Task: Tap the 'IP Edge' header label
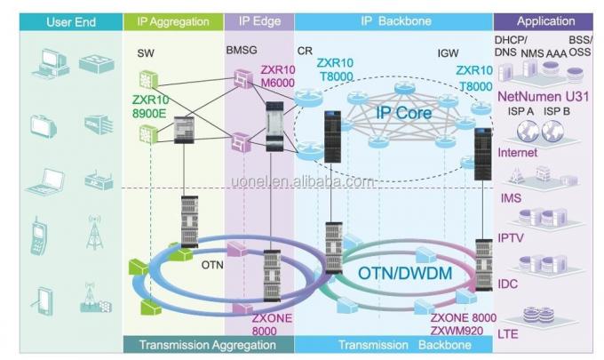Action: (258, 21)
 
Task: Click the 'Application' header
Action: (545, 21)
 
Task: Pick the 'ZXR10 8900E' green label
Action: (156, 96)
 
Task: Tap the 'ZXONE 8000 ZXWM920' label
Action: (463, 322)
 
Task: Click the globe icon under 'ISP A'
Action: (521, 132)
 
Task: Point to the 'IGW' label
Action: (448, 53)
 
